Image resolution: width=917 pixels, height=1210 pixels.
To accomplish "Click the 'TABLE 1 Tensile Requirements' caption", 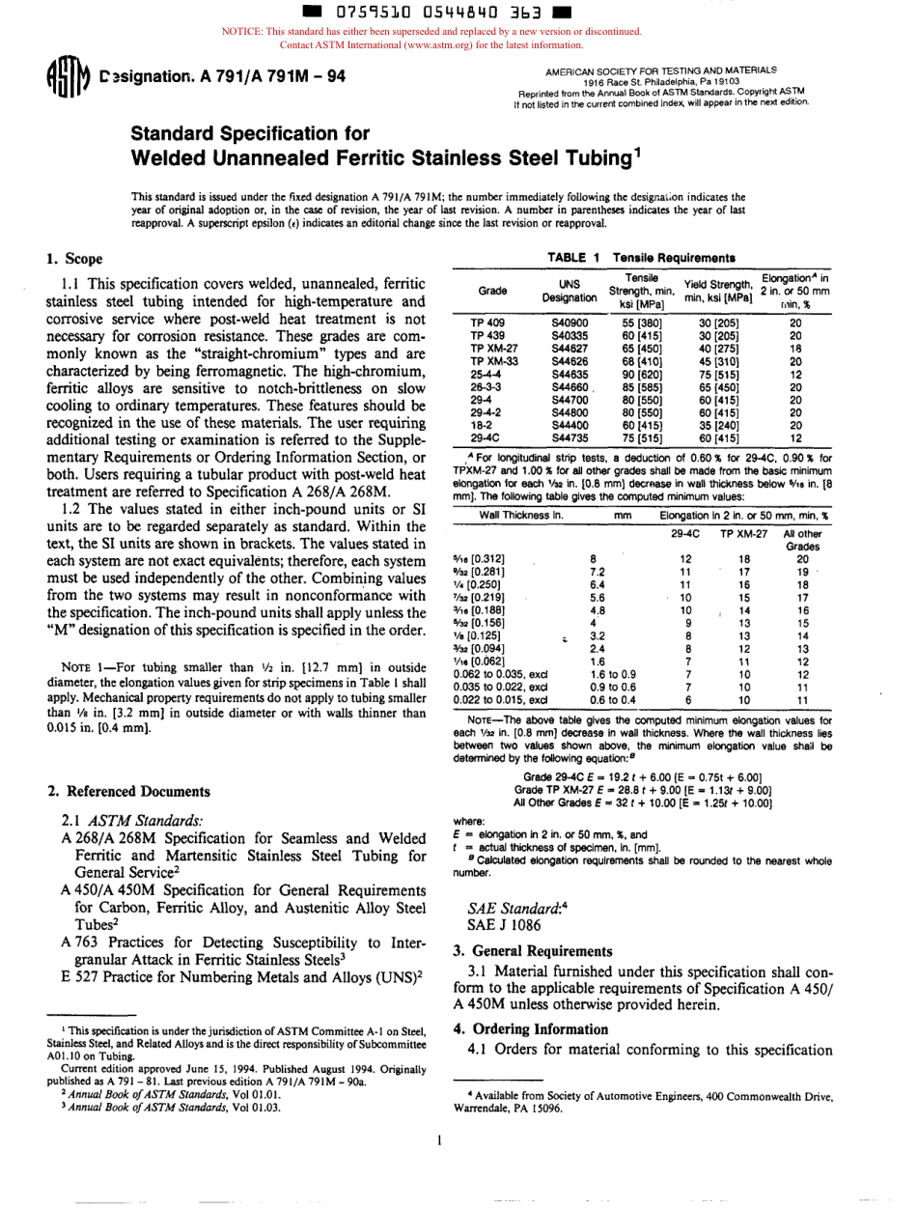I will click(641, 258).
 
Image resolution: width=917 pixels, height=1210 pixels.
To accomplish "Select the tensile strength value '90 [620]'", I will click(642, 372).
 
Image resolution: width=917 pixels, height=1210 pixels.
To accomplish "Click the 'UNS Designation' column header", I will click(569, 290).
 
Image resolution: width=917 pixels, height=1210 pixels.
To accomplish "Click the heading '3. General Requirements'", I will click(534, 950).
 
